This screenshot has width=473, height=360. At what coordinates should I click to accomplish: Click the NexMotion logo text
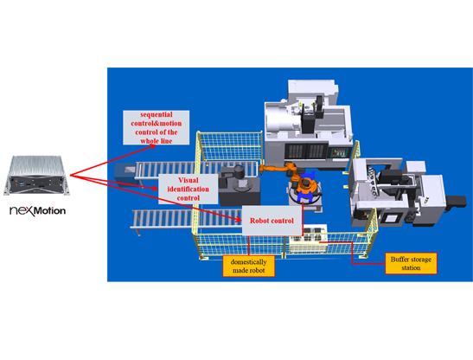pos(38,210)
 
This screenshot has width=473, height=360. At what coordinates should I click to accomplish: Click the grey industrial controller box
pos(37,175)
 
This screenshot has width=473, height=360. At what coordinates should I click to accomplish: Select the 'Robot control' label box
pos(272,221)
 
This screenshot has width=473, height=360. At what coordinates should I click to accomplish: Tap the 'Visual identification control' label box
pos(189,189)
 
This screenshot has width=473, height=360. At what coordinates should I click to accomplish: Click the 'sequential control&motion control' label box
pos(157,127)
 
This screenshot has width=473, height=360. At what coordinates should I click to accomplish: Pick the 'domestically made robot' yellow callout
pos(248,266)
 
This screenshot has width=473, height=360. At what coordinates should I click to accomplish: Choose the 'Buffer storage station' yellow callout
pos(411,263)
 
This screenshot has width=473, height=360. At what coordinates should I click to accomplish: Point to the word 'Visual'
pos(189,180)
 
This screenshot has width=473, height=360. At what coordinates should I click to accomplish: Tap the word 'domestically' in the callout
pos(248,262)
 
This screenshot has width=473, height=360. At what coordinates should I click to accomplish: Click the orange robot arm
pos(290,178)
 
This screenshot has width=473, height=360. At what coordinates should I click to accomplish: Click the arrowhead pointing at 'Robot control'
pos(239,220)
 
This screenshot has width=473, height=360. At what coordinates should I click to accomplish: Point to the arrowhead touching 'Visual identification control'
pos(155,189)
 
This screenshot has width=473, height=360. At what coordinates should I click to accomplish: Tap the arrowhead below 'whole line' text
pos(153,147)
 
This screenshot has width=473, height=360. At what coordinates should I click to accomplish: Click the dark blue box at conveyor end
pos(125,173)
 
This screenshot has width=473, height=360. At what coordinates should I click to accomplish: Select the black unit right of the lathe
pos(456,202)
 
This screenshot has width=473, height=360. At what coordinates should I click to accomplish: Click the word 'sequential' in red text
pos(157,115)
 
